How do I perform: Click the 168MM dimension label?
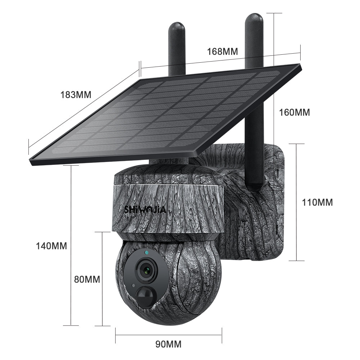(222, 51)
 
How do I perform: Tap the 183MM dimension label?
(76, 95)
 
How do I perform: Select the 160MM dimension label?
(294, 112)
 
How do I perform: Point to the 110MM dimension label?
(317, 202)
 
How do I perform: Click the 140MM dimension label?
(51, 246)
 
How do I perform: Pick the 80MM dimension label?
(87, 279)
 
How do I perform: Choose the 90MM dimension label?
(168, 344)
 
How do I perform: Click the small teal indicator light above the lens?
(147, 253)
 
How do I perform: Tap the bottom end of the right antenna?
(255, 186)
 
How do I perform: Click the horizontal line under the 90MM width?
(168, 336)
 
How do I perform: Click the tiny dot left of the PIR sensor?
(134, 285)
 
